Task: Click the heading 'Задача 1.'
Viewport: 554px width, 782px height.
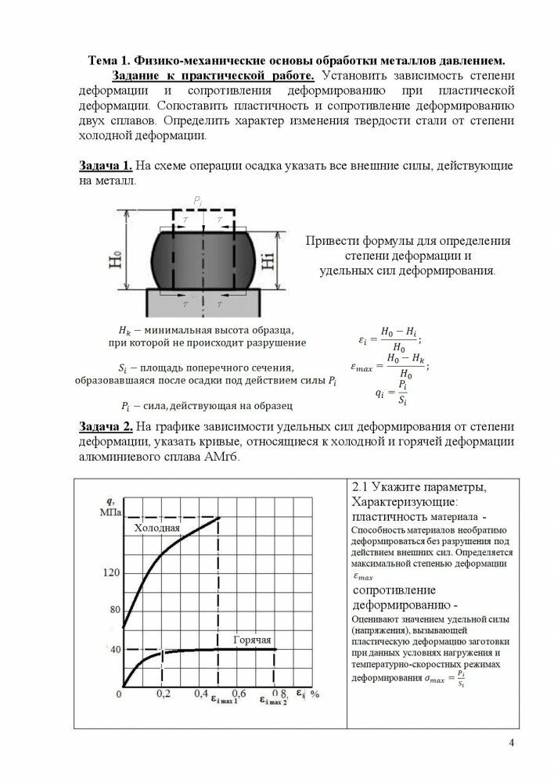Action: point(106,167)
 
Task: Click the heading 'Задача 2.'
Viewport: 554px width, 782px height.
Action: point(106,427)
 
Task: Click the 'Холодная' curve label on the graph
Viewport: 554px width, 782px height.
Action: point(157,529)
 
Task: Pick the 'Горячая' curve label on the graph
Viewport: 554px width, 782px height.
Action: point(251,640)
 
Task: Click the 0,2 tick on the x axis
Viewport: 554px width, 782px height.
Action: point(163,694)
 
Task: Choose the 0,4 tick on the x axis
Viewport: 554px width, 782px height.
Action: point(202,694)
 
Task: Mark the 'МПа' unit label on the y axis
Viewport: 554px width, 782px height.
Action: point(108,512)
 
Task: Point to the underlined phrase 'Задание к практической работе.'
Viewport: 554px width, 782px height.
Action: point(213,76)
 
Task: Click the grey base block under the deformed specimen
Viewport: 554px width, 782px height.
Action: point(201,299)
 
